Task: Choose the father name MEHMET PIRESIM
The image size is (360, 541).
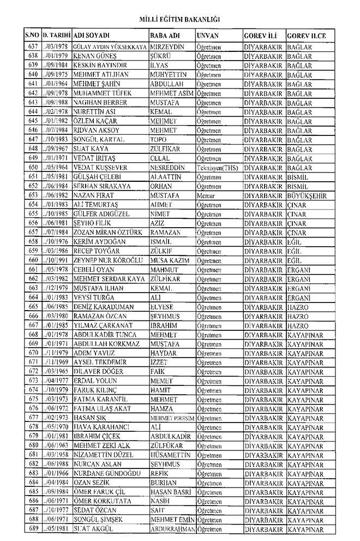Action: tap(172, 418)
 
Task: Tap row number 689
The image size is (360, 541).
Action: tap(33, 530)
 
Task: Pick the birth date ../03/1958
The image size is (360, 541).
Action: tap(56, 455)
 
